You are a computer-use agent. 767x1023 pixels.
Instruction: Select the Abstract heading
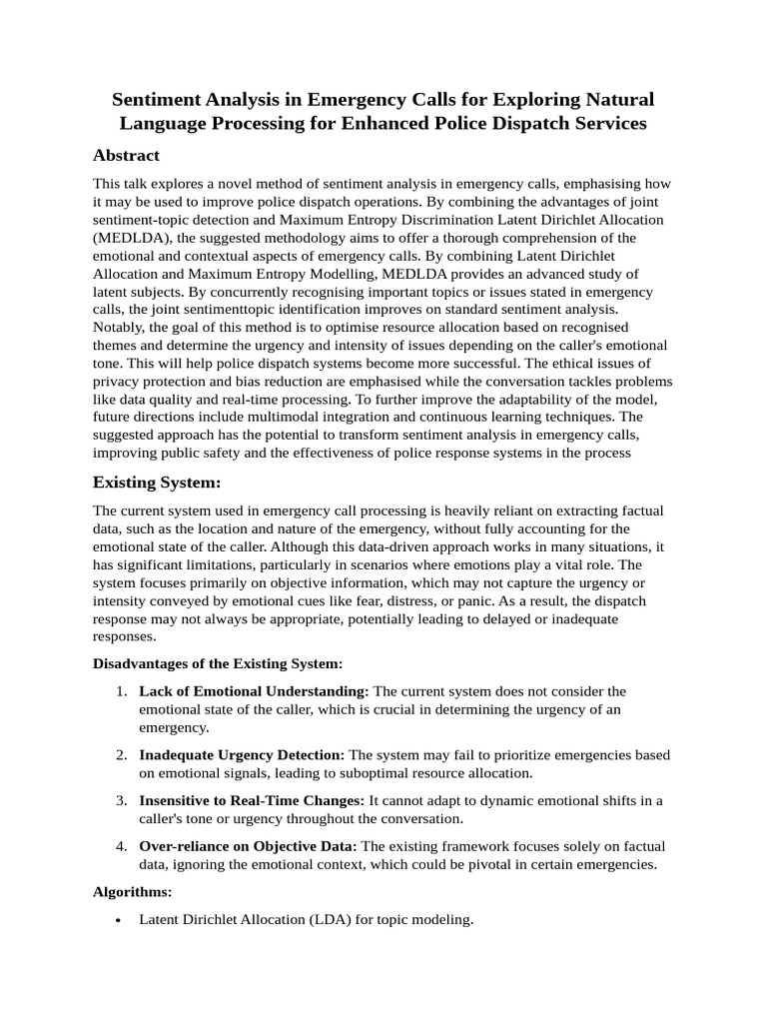pyautogui.click(x=126, y=155)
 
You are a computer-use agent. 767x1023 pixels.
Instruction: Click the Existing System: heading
pyautogui.click(x=156, y=482)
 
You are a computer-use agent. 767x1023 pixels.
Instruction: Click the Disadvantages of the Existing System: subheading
pyautogui.click(x=218, y=663)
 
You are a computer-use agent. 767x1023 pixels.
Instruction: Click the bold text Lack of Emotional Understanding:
pyautogui.click(x=254, y=691)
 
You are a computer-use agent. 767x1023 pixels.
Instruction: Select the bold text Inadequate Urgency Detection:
pyautogui.click(x=242, y=755)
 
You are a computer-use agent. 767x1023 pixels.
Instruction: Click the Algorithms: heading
pyautogui.click(x=132, y=891)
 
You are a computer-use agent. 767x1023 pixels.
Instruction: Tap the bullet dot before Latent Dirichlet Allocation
pyautogui.click(x=120, y=920)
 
